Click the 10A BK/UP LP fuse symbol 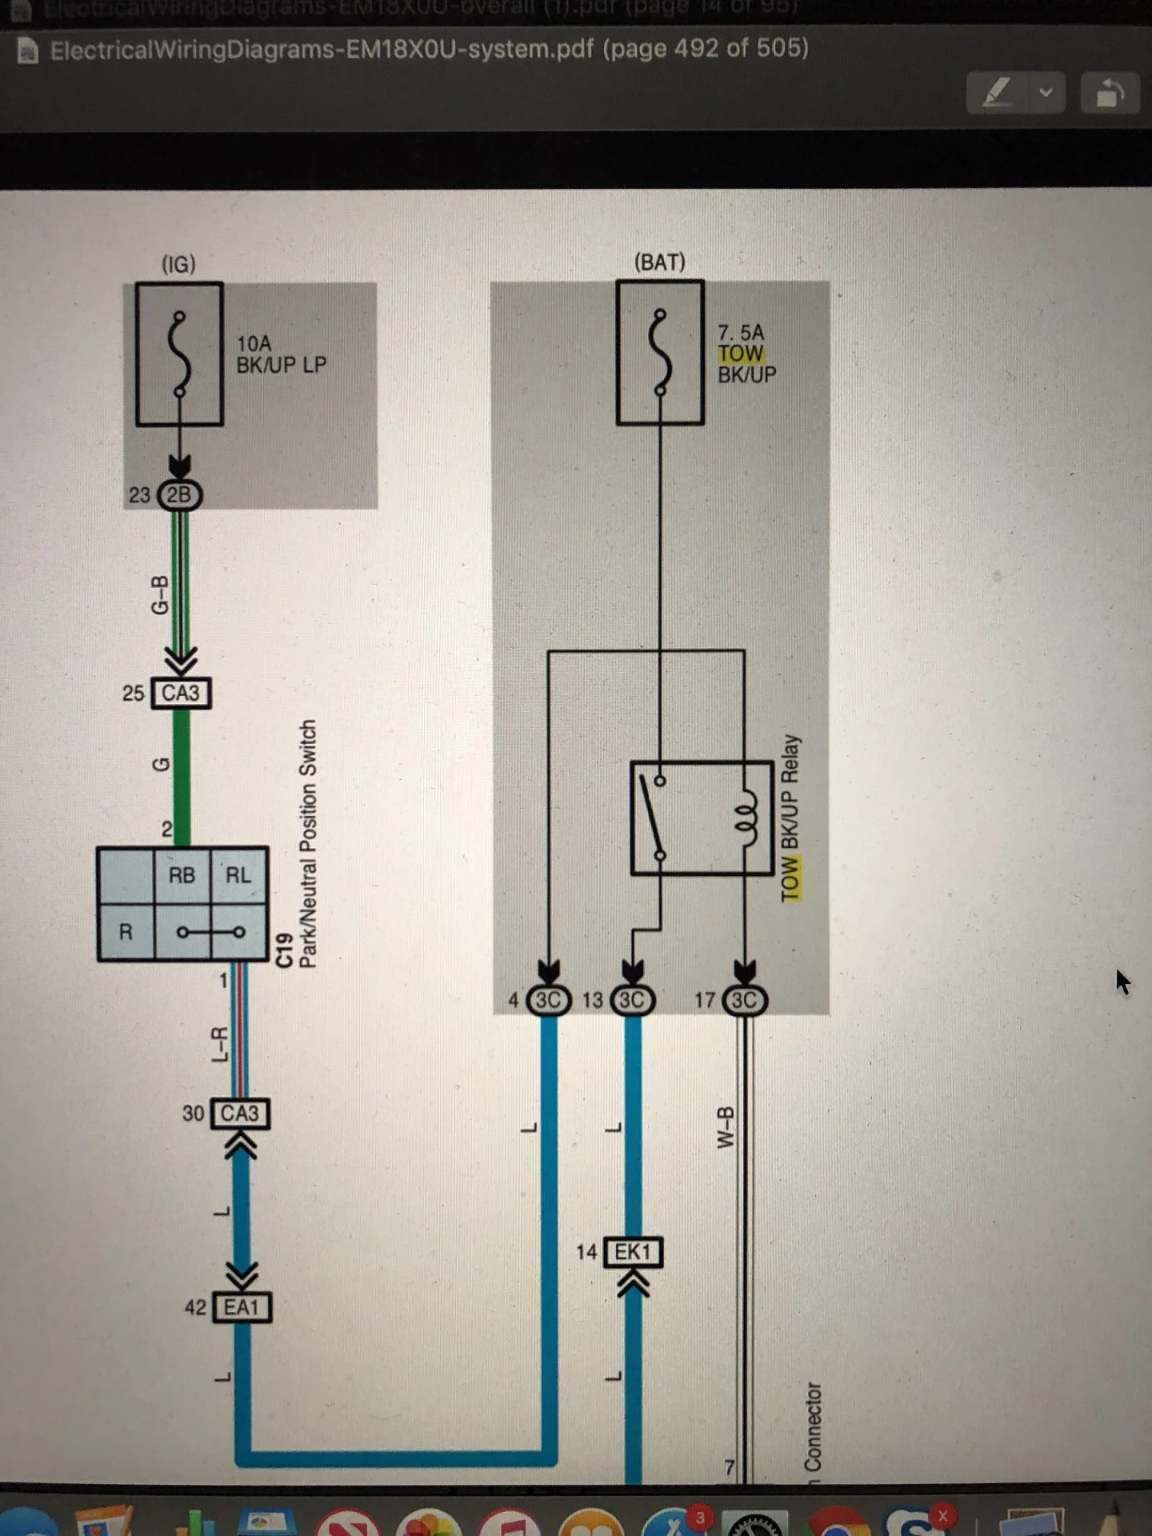179,354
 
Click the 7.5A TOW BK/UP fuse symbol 660,352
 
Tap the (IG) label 178,264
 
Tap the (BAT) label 659,262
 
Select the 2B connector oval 180,495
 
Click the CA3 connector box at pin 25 181,693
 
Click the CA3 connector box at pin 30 240,1114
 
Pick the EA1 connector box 242,1307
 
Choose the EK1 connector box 633,1252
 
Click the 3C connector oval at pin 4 549,1000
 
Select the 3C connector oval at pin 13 632,1000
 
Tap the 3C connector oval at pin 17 744,1000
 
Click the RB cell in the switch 182,875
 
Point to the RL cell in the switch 238,875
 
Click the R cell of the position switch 126,932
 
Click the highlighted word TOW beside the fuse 740,354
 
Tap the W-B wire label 725,1127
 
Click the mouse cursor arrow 1122,981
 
